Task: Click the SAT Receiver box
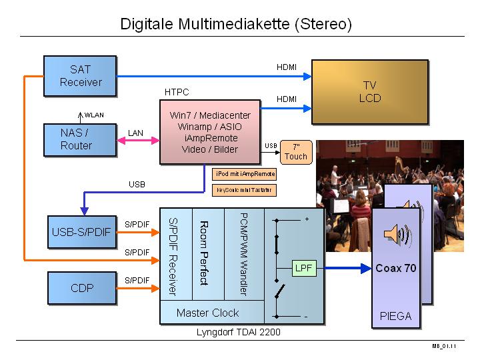click(81, 75)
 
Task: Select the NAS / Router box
click(76, 139)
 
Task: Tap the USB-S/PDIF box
click(81, 233)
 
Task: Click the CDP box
click(81, 288)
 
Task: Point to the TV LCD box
click(370, 91)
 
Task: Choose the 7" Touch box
click(295, 152)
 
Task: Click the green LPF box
click(303, 269)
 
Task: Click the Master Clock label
click(207, 313)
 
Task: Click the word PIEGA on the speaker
click(396, 316)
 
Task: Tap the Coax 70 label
click(396, 269)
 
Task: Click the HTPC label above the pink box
click(177, 91)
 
